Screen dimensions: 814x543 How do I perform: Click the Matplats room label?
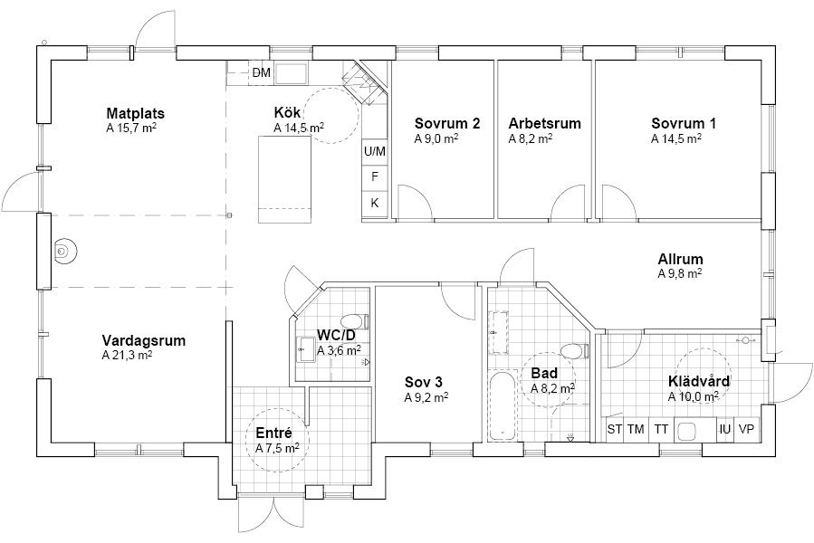pyautogui.click(x=136, y=113)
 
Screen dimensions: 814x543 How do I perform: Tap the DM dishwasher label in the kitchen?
pyautogui.click(x=262, y=72)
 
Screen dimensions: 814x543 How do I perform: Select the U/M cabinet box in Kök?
pyautogui.click(x=375, y=151)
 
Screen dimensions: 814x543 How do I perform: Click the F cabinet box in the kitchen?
pyautogui.click(x=375, y=177)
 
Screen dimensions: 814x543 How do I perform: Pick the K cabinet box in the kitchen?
pyautogui.click(x=375, y=203)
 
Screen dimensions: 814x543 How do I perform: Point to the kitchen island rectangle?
pyautogui.click(x=285, y=179)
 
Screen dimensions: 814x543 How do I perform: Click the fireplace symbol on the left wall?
pyautogui.click(x=64, y=252)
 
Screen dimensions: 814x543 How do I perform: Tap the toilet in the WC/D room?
pyautogui.click(x=356, y=322)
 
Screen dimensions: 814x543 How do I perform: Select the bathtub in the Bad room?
pyautogui.click(x=502, y=405)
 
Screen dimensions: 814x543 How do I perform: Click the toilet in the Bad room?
pyautogui.click(x=575, y=351)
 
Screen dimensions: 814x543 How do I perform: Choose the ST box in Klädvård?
pyautogui.click(x=615, y=429)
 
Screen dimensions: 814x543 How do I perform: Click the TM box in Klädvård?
pyautogui.click(x=636, y=429)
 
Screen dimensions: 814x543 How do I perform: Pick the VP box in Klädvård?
pyautogui.click(x=746, y=429)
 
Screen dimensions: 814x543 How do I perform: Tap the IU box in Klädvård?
pyautogui.click(x=725, y=429)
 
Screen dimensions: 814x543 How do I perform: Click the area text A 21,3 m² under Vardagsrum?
pyautogui.click(x=127, y=355)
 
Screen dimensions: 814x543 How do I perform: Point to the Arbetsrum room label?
pyautogui.click(x=544, y=124)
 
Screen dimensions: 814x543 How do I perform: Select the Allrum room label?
pyautogui.click(x=681, y=259)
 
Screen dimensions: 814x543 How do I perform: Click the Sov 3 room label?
pyautogui.click(x=424, y=383)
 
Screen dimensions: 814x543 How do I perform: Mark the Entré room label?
pyautogui.click(x=274, y=433)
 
